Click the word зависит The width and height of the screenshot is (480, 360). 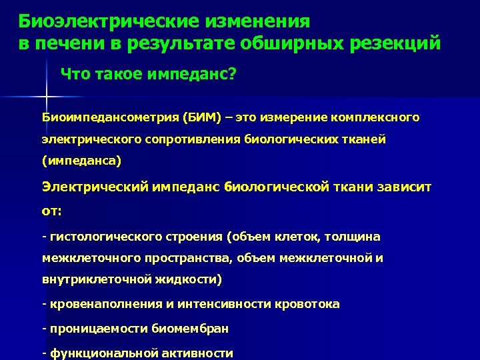point(406,188)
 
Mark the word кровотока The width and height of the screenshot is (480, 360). point(307,304)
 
